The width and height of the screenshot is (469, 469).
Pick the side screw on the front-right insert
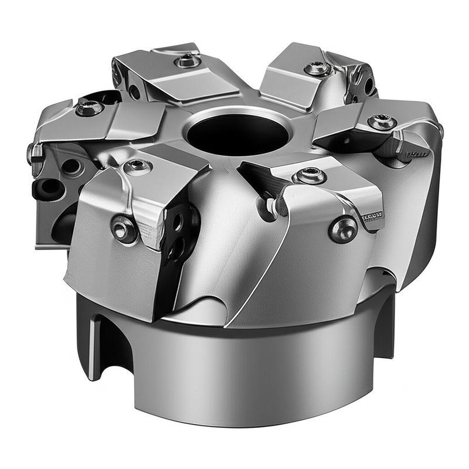[343, 228]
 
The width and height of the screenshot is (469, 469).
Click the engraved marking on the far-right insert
[417, 154]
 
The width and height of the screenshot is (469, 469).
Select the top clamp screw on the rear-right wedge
[317, 69]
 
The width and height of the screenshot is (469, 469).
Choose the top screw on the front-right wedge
[309, 175]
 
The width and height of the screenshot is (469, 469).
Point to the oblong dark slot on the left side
[49, 187]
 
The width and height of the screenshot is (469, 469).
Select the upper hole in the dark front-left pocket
[176, 222]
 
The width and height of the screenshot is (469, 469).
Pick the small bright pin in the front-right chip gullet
[271, 205]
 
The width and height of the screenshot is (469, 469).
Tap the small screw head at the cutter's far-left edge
[34, 154]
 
